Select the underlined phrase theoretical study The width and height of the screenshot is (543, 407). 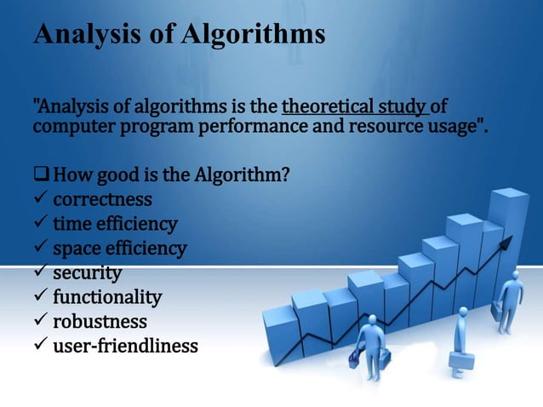(353, 108)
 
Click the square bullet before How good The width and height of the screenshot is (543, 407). (41, 176)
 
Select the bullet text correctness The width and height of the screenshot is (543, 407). (102, 200)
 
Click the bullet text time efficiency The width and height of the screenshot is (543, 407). (115, 225)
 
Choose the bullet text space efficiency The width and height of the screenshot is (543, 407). (119, 249)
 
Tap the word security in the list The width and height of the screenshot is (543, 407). (87, 273)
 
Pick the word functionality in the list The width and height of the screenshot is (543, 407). (107, 298)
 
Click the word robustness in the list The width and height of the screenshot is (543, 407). (100, 323)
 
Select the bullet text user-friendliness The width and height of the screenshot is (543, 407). (125, 347)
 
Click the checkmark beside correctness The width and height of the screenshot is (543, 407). (39, 201)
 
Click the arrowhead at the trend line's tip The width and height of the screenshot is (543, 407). (507, 243)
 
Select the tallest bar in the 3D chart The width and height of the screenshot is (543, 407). (510, 255)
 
